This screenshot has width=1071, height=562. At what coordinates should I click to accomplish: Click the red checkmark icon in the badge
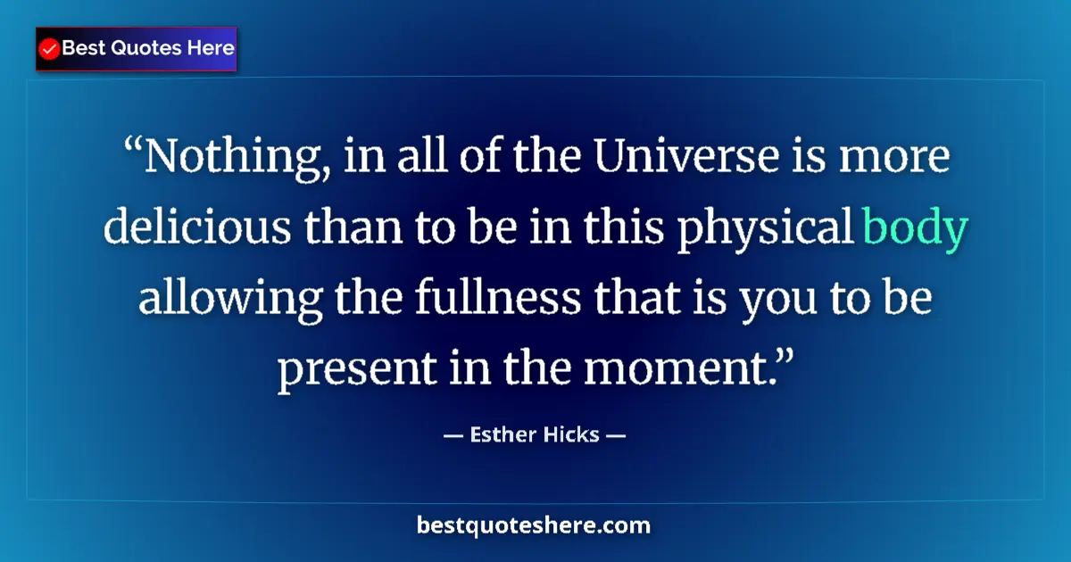pyautogui.click(x=50, y=49)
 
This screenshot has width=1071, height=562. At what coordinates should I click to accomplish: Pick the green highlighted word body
pyautogui.click(x=915, y=229)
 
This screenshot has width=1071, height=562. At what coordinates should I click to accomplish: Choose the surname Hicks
pyautogui.click(x=571, y=436)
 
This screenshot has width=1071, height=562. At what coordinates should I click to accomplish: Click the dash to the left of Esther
pyautogui.click(x=452, y=436)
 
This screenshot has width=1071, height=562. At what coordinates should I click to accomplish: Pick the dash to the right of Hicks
pyautogui.click(x=616, y=436)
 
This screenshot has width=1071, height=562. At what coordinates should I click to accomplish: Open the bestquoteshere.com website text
pyautogui.click(x=534, y=526)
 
